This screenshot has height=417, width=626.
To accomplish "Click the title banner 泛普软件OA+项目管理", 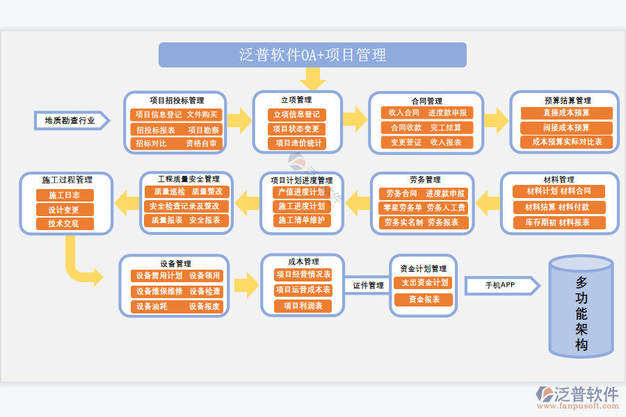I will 312,55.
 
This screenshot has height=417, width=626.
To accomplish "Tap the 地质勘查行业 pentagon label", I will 70,120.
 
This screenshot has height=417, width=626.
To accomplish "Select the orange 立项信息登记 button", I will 297,115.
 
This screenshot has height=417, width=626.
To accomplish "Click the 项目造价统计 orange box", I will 297,143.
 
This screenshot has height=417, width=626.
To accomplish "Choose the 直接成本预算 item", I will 566,113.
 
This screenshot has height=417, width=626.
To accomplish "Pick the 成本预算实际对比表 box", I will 566,142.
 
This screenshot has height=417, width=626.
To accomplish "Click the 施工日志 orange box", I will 64,195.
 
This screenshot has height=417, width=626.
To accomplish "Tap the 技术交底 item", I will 64,224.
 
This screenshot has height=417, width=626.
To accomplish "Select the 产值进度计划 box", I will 301,192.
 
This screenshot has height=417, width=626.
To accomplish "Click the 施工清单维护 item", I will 301,220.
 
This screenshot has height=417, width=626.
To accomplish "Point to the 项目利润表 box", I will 303,306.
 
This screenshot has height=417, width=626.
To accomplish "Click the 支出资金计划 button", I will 423,283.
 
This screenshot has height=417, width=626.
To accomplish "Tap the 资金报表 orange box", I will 423,300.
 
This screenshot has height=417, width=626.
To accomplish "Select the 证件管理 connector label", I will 367,286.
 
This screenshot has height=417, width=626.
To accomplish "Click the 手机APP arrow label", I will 500,285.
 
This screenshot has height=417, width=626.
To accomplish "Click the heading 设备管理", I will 175,264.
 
